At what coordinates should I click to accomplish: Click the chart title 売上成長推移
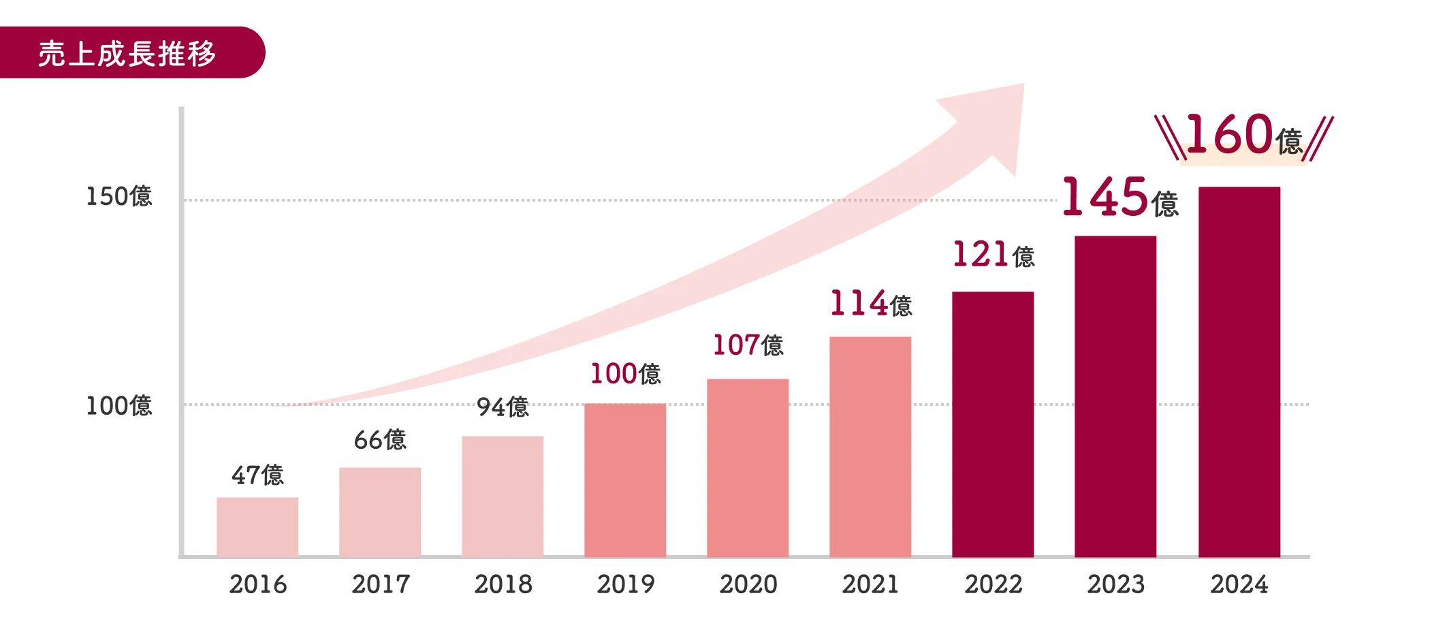pyautogui.click(x=127, y=53)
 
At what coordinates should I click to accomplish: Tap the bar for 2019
pyautogui.click(x=625, y=480)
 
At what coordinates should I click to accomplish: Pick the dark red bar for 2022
pyautogui.click(x=993, y=424)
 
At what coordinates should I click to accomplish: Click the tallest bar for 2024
pyautogui.click(x=1239, y=371)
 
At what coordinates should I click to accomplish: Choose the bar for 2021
pyautogui.click(x=870, y=446)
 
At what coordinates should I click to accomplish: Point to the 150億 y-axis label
pyautogui.click(x=118, y=196)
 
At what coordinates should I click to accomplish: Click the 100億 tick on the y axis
pyautogui.click(x=118, y=406)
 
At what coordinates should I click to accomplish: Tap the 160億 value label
pyautogui.click(x=1243, y=135)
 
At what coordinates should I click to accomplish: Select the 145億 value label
pyautogui.click(x=1120, y=198)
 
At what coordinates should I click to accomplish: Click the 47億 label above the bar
pyautogui.click(x=257, y=475)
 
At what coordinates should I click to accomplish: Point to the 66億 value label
pyautogui.click(x=380, y=440)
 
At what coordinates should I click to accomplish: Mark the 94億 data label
pyautogui.click(x=503, y=407)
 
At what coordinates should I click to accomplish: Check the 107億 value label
pyautogui.click(x=748, y=345)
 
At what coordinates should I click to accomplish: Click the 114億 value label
pyautogui.click(x=870, y=304)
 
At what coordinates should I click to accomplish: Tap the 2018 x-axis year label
pyautogui.click(x=503, y=584)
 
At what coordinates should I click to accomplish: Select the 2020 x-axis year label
pyautogui.click(x=748, y=584)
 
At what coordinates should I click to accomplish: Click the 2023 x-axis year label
pyautogui.click(x=1115, y=584)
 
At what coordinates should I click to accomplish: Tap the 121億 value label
pyautogui.click(x=993, y=255)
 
